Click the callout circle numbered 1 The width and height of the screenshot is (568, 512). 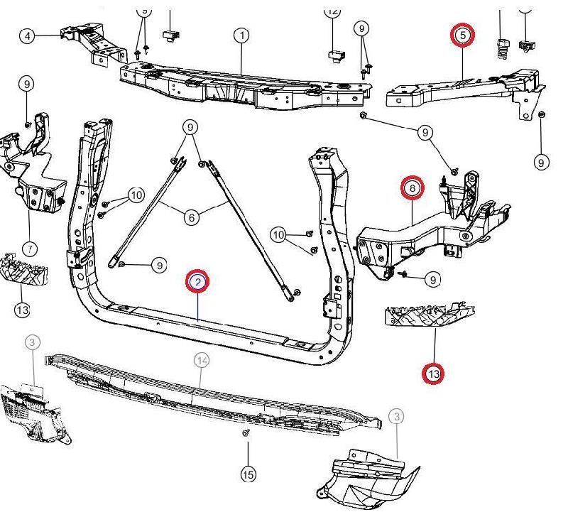coord(242,35)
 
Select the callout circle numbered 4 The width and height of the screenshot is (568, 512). coord(27,36)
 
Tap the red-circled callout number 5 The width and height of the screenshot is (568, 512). coord(462,34)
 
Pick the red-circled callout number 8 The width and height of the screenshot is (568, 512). coord(412,188)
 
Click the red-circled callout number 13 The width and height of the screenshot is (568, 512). coord(433,373)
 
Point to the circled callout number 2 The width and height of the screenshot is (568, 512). coord(198,282)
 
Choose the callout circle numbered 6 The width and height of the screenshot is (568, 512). coord(191,217)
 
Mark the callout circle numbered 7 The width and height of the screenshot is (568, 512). coord(29,249)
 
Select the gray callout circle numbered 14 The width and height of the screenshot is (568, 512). coord(202,361)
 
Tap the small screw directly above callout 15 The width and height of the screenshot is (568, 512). coord(246,432)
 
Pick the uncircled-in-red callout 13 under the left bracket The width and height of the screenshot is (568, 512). coord(22,310)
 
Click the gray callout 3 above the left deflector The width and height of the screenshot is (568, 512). coord(32,343)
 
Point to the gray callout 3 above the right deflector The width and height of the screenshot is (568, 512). coord(396,416)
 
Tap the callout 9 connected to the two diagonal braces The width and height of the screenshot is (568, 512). coord(190,129)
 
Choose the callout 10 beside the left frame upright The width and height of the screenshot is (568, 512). coord(136,195)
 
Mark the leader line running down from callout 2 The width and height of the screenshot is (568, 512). coord(198,305)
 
